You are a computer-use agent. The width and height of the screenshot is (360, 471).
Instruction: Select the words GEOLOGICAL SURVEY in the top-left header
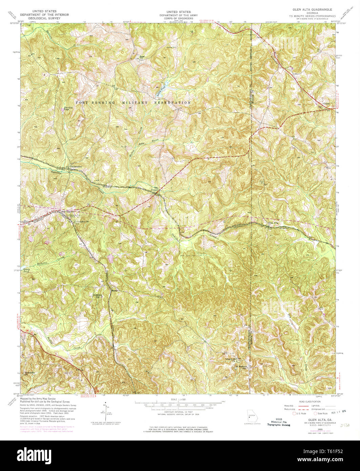pyautogui.click(x=44, y=18)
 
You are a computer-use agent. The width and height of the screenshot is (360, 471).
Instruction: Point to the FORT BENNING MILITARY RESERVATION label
pyautogui.click(x=133, y=102)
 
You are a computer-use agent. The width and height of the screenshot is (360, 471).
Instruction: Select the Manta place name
pyautogui.click(x=115, y=290)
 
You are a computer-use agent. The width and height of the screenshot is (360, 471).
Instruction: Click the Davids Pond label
pyautogui.click(x=68, y=108)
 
